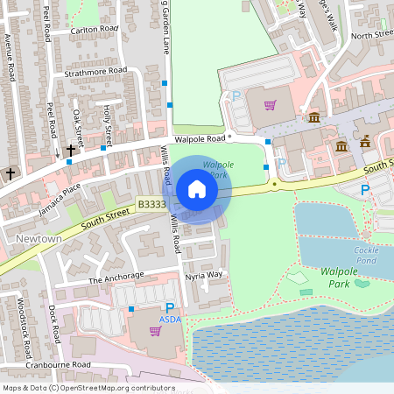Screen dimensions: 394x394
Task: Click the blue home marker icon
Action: [x=197, y=189]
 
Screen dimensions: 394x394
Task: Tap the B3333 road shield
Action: [x=151, y=204]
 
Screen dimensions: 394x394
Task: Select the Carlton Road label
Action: [x=95, y=28]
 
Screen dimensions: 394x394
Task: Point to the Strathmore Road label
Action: [x=95, y=71]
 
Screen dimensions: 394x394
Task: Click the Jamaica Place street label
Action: [x=60, y=200]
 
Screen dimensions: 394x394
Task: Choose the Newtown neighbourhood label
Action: [x=39, y=238]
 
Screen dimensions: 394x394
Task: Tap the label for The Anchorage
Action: [x=116, y=278]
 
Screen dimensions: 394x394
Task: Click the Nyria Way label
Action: [x=204, y=275]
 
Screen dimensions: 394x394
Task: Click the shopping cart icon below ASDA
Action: [x=156, y=331]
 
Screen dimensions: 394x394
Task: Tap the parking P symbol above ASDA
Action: [x=170, y=308]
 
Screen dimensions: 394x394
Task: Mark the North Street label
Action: [x=371, y=35]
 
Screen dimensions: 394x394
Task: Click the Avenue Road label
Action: [x=10, y=58]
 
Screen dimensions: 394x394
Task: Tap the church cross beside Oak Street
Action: [x=70, y=150]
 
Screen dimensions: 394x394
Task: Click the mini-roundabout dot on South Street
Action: [x=275, y=185]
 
